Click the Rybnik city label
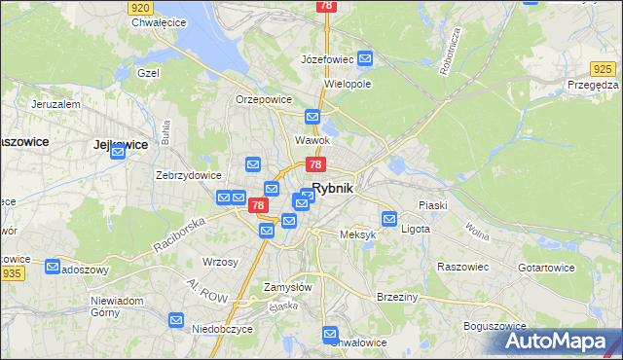(x=333, y=189)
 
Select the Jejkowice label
(x=121, y=143)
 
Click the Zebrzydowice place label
(x=189, y=176)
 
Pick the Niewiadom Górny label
(x=118, y=306)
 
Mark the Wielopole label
(x=348, y=85)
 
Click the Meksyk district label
(x=357, y=235)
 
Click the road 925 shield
(x=604, y=69)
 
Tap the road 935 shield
(x=13, y=274)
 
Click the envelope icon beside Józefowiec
(x=365, y=59)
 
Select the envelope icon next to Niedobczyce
(x=176, y=319)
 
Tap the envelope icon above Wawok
(x=312, y=118)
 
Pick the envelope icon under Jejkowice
(x=119, y=151)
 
